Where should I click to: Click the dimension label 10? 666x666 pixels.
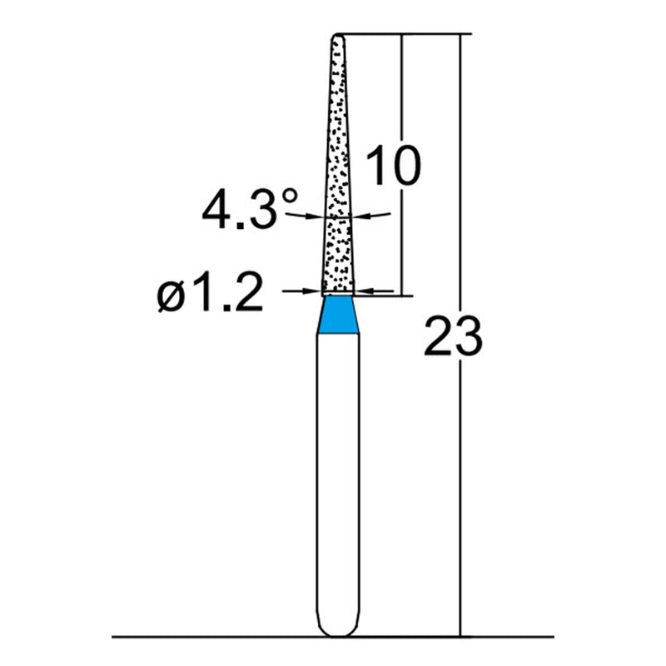tap(393, 166)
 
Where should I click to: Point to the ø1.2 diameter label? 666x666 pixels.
tap(210, 294)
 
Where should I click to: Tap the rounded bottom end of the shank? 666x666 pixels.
tap(338, 629)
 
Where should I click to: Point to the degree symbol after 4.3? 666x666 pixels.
tap(290, 197)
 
